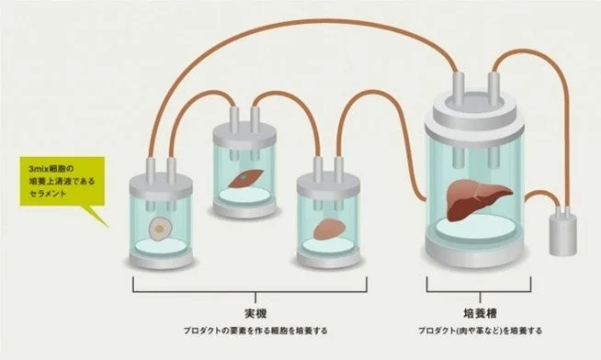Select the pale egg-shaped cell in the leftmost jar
(x=161, y=226)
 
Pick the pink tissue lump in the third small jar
(x=327, y=228)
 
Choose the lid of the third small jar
(x=328, y=178)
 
